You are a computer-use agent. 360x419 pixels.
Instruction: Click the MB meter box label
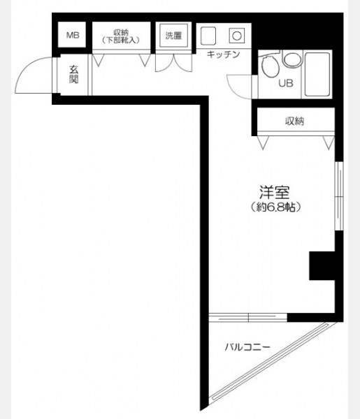73,35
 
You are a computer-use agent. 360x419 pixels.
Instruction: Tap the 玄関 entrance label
74,74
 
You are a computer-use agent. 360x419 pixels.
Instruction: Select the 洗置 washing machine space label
173,36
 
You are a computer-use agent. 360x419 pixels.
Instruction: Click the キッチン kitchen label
224,54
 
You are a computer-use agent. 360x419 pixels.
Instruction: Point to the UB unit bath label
286,83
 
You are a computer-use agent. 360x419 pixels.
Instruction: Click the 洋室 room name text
275,192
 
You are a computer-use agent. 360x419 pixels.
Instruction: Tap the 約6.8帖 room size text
275,207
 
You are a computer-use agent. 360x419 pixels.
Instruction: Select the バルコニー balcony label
247,347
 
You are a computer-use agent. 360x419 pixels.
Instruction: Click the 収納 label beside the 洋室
294,122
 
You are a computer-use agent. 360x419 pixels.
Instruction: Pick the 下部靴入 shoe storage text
121,41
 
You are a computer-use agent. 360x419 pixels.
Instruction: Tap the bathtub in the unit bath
317,75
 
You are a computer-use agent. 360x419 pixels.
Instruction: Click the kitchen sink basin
208,36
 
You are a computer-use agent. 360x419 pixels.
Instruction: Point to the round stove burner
237,36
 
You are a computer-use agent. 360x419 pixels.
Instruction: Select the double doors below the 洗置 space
174,63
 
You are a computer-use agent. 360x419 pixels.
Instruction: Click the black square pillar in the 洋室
322,265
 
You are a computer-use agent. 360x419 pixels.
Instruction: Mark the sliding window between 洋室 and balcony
248,318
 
